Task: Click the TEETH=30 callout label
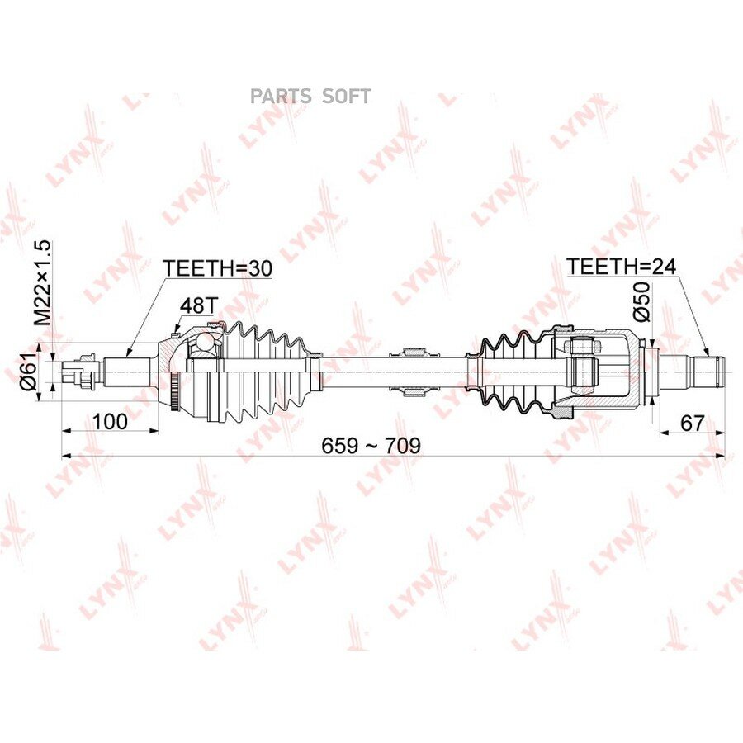click(x=217, y=268)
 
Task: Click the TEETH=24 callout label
click(x=621, y=267)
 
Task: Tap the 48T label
click(x=197, y=306)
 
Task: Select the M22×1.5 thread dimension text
click(x=42, y=282)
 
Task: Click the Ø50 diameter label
click(x=641, y=302)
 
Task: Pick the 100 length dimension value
click(x=110, y=421)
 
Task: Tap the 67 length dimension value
click(x=693, y=423)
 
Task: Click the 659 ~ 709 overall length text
click(x=371, y=445)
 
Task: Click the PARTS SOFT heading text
click(x=310, y=97)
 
